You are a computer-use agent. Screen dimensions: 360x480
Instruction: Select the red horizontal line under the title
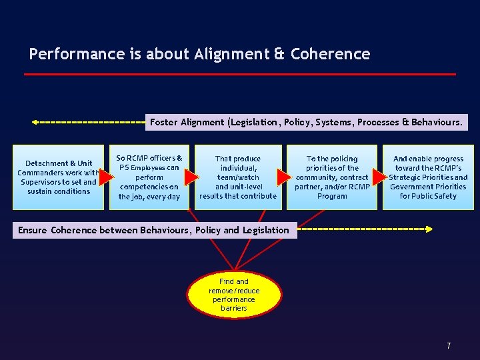click(240, 74)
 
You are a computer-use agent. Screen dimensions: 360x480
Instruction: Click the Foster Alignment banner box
click(307, 122)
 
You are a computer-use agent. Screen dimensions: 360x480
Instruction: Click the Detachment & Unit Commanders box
click(58, 177)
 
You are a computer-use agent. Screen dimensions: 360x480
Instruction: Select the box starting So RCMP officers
click(149, 177)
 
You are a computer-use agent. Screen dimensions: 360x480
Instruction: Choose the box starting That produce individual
click(238, 177)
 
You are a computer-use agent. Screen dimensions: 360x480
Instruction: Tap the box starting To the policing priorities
click(332, 177)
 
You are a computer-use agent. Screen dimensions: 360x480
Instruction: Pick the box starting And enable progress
click(428, 177)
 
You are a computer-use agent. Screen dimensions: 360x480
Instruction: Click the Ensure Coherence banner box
click(153, 230)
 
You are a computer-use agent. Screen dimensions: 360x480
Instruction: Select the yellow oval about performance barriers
click(234, 295)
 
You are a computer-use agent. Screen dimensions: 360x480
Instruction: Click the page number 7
click(449, 346)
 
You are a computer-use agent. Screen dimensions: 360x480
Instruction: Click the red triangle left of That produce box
click(191, 177)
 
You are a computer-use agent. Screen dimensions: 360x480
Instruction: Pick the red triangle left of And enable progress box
click(379, 177)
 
